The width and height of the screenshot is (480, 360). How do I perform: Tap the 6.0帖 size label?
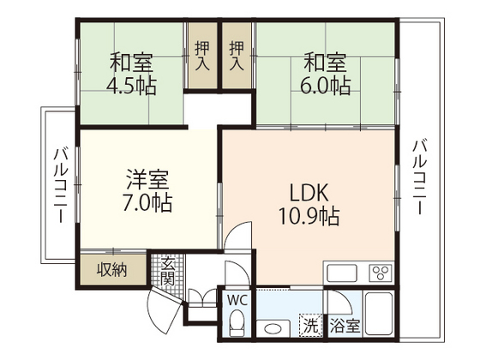[x=325, y=86]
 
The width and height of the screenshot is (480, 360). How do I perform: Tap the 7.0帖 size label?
[x=147, y=204]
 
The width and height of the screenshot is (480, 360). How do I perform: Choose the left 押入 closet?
[x=203, y=57]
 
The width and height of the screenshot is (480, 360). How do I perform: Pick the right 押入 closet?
[x=237, y=57]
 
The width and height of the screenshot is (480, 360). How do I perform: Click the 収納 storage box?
[x=111, y=269]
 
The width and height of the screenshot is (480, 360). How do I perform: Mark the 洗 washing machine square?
[x=309, y=326]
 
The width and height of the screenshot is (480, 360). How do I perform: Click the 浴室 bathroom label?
[x=345, y=326]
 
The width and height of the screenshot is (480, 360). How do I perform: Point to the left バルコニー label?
[x=60, y=185]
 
